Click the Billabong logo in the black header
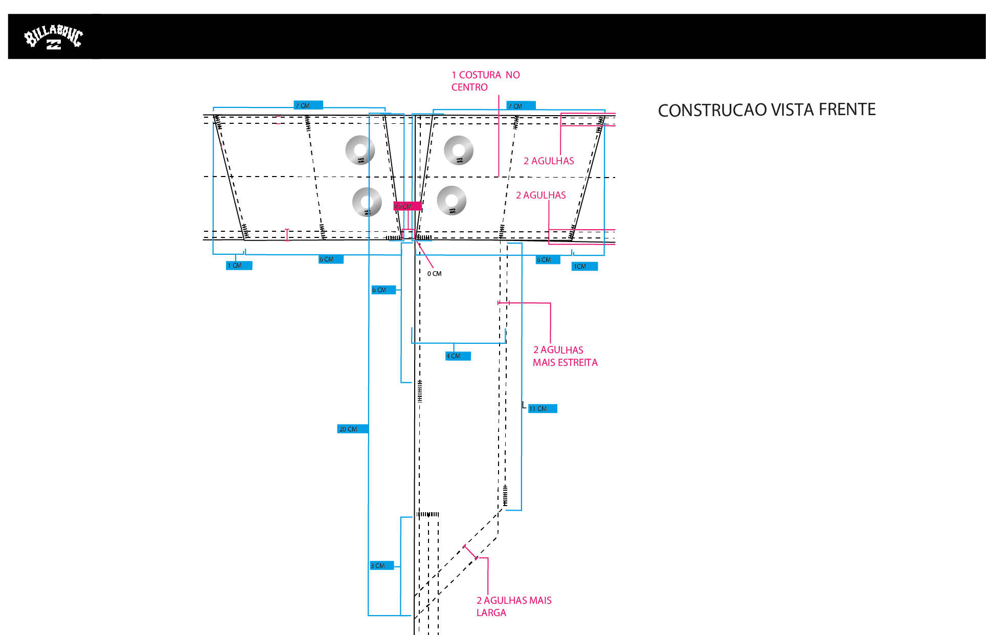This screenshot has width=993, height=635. (53, 37)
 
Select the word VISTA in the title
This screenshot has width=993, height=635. (792, 110)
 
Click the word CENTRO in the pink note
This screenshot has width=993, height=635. (469, 87)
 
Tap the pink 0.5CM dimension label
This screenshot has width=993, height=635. (407, 206)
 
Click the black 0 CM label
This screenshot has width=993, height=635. (434, 274)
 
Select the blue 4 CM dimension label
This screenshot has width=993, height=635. (458, 356)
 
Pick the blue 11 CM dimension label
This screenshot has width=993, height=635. (542, 408)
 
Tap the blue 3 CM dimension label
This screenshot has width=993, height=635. (381, 565)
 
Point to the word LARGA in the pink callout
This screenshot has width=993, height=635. (491, 613)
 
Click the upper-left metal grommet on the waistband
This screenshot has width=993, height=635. (360, 150)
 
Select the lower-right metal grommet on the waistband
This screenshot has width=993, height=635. (452, 200)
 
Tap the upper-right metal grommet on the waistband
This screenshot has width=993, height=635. (459, 150)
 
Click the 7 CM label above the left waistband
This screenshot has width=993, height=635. (308, 105)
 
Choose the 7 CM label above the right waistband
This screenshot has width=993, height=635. (521, 106)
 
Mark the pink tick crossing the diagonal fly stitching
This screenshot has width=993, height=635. (470, 553)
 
